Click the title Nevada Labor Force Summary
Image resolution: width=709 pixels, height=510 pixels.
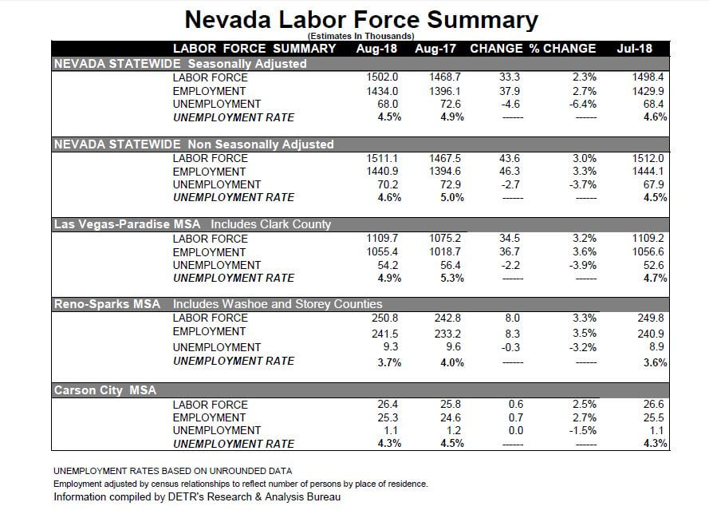pos(360,19)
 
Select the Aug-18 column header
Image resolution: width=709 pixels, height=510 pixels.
pos(376,49)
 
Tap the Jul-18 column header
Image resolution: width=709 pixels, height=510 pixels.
pos(634,49)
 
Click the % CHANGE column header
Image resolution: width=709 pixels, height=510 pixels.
pos(563,49)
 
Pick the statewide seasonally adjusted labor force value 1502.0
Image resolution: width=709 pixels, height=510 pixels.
pos(381,77)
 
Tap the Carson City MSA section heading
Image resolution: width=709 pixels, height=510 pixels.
pos(105,390)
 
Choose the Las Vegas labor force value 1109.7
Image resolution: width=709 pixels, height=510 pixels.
pos(381,239)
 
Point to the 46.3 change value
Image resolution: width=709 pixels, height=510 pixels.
pos(510,172)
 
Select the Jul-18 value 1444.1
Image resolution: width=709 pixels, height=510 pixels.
pos(648,172)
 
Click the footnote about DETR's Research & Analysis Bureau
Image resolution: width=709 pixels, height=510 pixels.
pos(197,496)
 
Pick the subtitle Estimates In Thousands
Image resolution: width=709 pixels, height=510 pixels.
pos(360,36)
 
